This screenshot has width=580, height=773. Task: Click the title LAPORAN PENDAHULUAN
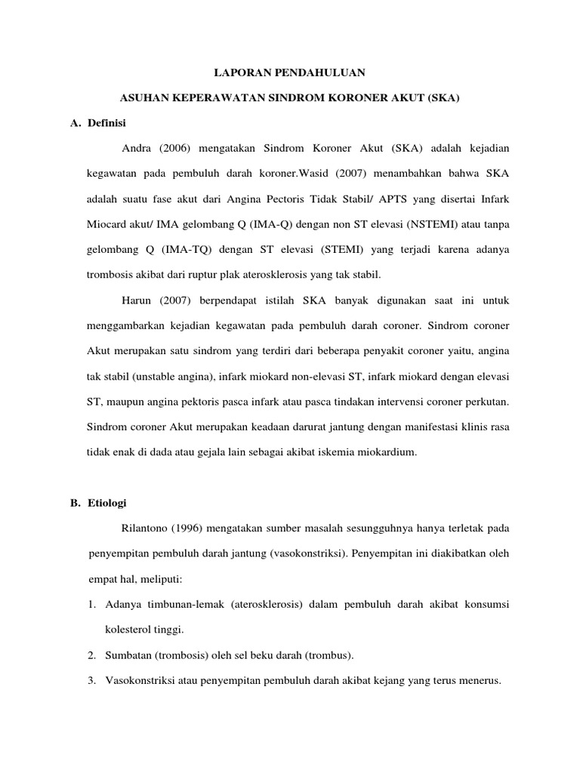pos(291,72)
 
